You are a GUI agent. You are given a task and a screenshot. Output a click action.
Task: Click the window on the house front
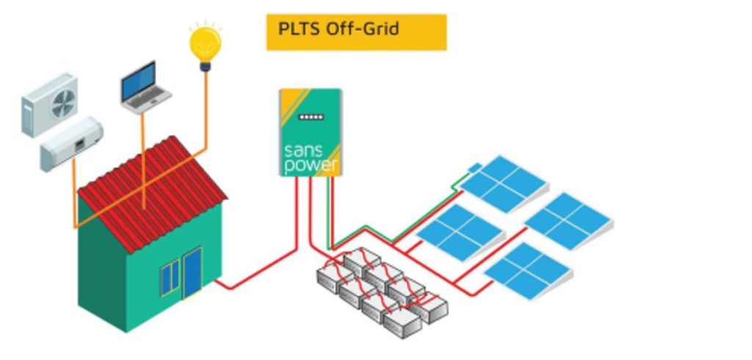[x=170, y=278]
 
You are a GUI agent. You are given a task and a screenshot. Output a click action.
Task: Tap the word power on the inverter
[x=311, y=166]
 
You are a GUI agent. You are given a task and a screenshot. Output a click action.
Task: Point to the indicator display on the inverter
[x=311, y=117]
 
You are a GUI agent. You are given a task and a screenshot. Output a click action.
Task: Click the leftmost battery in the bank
[x=335, y=277]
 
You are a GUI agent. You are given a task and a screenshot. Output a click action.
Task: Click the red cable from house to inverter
[x=257, y=272]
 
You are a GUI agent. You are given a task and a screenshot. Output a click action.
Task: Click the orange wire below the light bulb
[x=206, y=110]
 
